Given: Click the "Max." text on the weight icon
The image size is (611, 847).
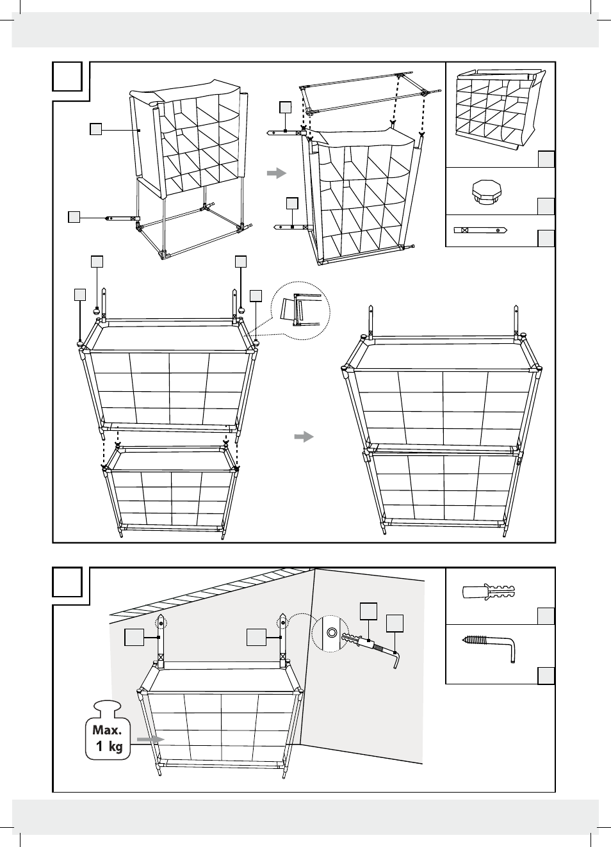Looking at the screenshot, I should [107, 730].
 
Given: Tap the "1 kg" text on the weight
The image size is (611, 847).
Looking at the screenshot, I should [109, 746].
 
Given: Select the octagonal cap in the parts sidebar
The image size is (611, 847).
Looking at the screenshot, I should [487, 191].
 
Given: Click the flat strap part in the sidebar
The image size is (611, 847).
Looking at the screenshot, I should [480, 230].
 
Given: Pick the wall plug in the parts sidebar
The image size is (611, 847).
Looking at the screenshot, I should [489, 591].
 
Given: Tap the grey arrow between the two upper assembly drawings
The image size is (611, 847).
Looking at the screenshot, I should [276, 173].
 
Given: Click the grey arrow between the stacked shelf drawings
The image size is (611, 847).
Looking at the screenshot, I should [304, 437].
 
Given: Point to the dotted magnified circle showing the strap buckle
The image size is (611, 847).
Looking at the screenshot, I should [300, 311].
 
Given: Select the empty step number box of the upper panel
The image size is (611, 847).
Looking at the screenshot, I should [67, 76].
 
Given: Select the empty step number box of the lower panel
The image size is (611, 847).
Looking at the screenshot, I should [67, 582].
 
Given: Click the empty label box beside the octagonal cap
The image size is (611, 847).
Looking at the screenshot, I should [546, 206].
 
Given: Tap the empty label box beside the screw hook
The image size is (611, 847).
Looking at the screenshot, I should [546, 675].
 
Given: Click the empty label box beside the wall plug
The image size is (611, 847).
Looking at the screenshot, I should [546, 616].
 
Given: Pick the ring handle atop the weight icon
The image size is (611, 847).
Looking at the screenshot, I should [107, 707].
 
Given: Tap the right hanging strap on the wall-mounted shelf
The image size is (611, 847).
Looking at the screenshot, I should [282, 640].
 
